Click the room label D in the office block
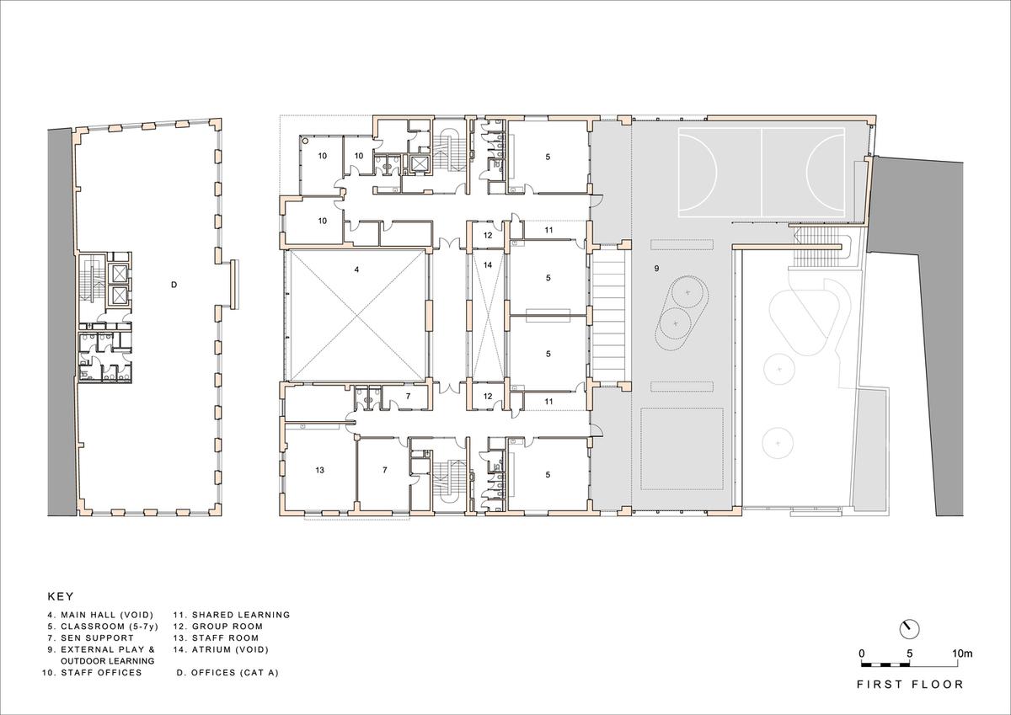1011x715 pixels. point(174,285)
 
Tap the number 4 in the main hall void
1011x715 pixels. point(356,269)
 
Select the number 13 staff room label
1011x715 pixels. point(319,469)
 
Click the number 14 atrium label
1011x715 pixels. point(486,264)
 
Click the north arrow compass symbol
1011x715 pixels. point(909,628)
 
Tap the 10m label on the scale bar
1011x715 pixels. point(962,653)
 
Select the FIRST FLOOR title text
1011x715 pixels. point(910,685)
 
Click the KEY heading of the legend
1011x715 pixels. point(61,595)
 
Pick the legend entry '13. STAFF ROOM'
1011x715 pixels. point(217,638)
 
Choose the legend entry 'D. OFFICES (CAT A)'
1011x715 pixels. point(227,673)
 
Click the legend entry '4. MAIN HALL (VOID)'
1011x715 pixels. point(99,615)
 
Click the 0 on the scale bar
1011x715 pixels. point(861,653)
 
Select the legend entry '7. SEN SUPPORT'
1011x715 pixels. point(90,638)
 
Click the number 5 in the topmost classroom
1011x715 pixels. point(548,156)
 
